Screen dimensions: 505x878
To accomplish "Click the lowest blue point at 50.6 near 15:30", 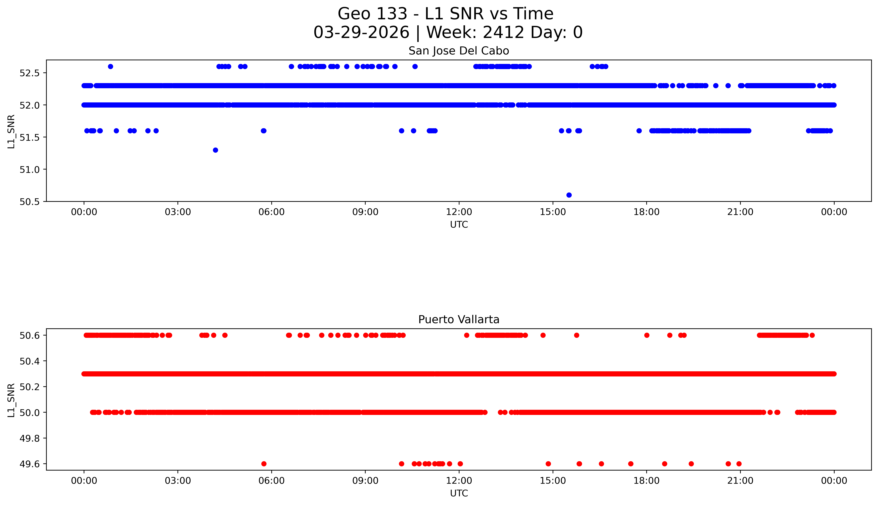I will click(x=569, y=195).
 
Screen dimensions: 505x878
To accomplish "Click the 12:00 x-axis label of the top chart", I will click(x=459, y=212).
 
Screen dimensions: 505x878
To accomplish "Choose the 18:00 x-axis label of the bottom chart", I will click(x=646, y=481).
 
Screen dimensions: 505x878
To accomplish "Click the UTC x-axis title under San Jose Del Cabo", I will click(x=459, y=225).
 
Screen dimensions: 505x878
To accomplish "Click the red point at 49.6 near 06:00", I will click(x=264, y=464).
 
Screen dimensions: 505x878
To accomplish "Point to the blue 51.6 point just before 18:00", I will click(x=639, y=131).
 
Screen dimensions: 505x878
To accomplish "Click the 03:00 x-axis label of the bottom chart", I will click(x=178, y=481).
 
